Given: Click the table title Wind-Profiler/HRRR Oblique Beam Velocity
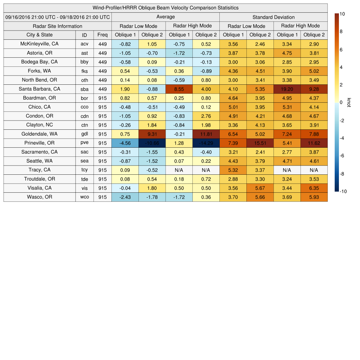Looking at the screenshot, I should [166, 8].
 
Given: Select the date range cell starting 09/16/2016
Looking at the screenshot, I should [58, 17].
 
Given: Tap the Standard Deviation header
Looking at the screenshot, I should [274, 17].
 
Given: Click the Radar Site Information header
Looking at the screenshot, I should [58, 26].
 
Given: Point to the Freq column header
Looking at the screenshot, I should [102, 35].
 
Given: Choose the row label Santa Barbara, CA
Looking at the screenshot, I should [39, 89].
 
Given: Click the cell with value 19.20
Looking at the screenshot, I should [287, 89].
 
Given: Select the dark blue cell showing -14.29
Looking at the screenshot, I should [206, 143].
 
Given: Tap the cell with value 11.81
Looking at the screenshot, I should [206, 134].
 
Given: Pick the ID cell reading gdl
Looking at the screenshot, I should [84, 134].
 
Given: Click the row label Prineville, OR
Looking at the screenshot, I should [39, 143].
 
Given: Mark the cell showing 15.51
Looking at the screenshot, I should [260, 143].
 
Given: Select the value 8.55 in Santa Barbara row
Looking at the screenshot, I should [179, 89].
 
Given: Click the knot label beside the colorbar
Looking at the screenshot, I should [349, 102].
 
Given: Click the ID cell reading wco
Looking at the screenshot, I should [84, 197].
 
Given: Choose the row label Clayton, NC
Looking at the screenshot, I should [39, 125].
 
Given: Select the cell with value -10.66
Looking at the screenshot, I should [152, 143].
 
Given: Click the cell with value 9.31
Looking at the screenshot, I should [152, 134].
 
